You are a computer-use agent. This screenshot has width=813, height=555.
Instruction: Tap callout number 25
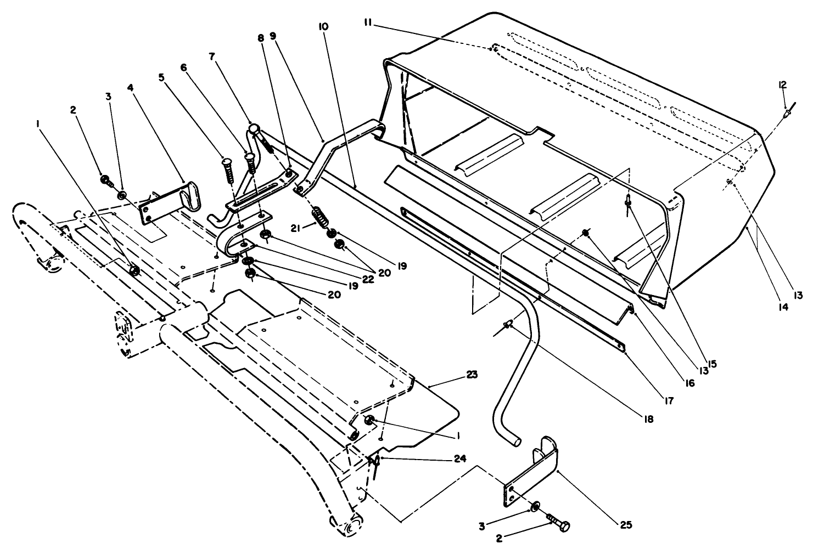tap(626, 525)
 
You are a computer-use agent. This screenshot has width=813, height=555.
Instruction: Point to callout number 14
tap(783, 308)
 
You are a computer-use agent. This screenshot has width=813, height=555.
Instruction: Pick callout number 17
tap(668, 401)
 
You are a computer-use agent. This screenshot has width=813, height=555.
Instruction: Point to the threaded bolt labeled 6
tap(251, 162)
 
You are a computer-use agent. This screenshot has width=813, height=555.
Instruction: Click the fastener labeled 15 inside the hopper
tap(627, 202)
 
